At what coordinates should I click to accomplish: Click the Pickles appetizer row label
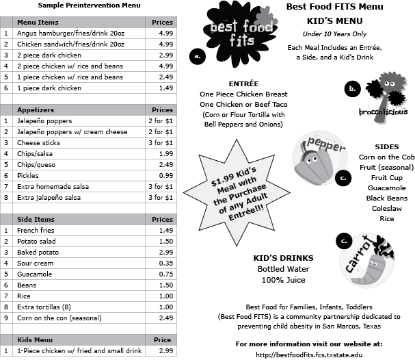(28, 176)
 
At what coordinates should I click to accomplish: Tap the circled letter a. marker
(198, 56)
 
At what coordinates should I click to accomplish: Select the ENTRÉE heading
(243, 83)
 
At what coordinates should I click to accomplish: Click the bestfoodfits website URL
(309, 354)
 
